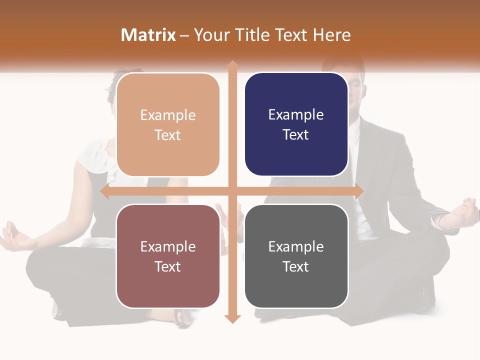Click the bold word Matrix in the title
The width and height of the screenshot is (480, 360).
pyautogui.click(x=148, y=35)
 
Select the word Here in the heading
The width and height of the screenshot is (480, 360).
pyautogui.click(x=331, y=35)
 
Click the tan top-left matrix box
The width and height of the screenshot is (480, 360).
pyautogui.click(x=168, y=124)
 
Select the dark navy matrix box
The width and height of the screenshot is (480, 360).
pyautogui.click(x=296, y=124)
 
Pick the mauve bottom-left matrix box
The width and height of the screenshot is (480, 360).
pyautogui.click(x=168, y=256)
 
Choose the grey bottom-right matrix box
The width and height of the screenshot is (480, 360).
pyautogui.click(x=296, y=256)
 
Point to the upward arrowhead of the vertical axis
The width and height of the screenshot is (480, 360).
pyautogui.click(x=232, y=65)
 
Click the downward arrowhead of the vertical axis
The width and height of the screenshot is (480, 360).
pyautogui.click(x=232, y=318)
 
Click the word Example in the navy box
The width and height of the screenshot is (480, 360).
pyautogui.click(x=296, y=115)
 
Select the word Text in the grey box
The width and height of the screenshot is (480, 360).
pyautogui.click(x=296, y=267)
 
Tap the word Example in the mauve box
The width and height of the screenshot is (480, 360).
pyautogui.click(x=168, y=246)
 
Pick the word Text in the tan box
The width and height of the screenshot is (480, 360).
pyautogui.click(x=168, y=135)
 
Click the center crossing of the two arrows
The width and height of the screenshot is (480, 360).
pyautogui.click(x=232, y=191)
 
